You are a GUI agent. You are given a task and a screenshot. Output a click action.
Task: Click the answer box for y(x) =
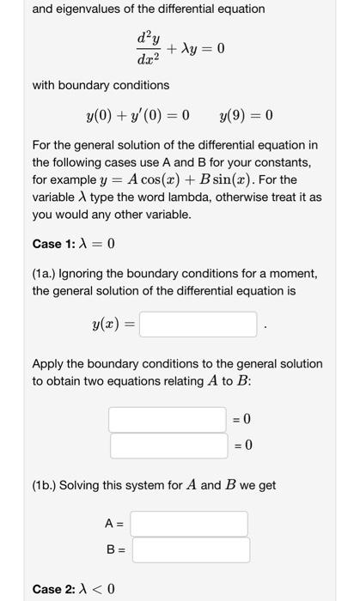[198, 325]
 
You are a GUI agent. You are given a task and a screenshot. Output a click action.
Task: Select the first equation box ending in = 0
[168, 419]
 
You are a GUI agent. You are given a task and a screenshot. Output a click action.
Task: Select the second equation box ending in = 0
[168, 446]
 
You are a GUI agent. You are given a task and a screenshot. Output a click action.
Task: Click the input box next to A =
[190, 524]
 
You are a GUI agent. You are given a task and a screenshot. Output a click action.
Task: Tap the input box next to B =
[190, 550]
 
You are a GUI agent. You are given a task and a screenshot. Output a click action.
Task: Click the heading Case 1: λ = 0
[73, 244]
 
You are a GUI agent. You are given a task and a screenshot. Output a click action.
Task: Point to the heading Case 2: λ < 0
[73, 589]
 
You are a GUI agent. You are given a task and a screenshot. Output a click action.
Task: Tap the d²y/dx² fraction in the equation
[143, 48]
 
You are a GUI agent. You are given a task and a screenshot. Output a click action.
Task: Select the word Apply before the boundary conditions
[49, 364]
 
